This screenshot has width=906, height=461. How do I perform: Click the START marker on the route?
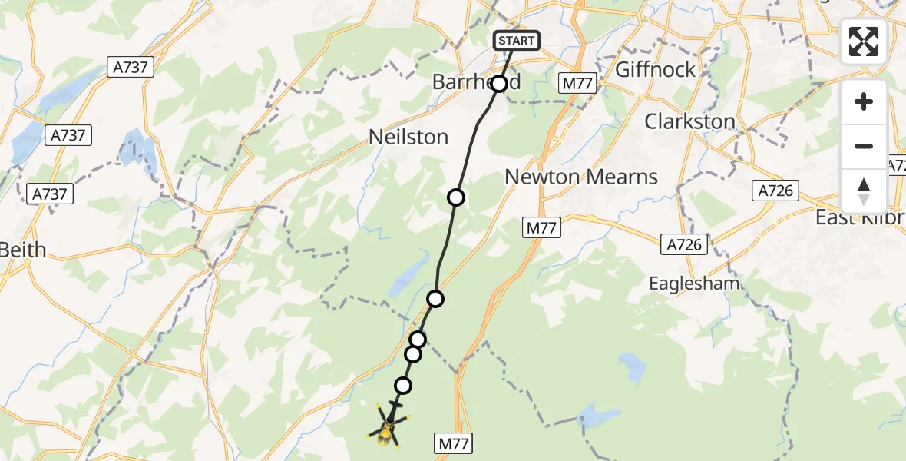(x=517, y=41)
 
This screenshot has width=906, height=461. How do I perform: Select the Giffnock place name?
(x=656, y=69)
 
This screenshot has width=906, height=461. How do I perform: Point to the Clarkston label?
(x=689, y=121)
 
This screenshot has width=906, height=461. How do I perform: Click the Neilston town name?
(x=408, y=137)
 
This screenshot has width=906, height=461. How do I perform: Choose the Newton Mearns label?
(x=581, y=177)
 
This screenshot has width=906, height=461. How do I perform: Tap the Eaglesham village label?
(x=694, y=284)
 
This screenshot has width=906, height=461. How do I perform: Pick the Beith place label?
(x=23, y=250)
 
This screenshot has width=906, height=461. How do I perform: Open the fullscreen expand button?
(x=864, y=41)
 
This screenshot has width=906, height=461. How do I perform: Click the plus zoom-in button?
(x=864, y=101)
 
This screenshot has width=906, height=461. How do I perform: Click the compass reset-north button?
(x=864, y=191)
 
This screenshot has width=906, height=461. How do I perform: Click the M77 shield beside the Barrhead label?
(x=577, y=84)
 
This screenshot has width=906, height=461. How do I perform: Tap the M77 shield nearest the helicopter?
(x=454, y=443)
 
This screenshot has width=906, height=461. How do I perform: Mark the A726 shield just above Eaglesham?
(x=683, y=245)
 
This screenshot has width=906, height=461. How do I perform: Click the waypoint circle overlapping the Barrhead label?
(x=499, y=83)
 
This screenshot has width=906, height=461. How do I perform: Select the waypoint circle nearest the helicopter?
(x=402, y=385)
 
